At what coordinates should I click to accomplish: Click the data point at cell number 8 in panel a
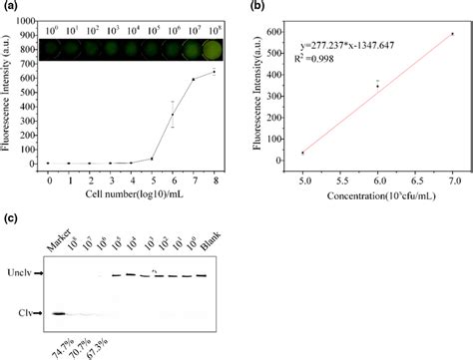click(213, 72)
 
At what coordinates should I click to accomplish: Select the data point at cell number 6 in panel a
click(172, 115)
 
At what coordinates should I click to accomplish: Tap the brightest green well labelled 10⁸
click(213, 47)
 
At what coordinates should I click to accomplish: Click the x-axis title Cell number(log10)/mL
click(130, 195)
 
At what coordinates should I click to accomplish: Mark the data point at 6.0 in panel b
click(377, 86)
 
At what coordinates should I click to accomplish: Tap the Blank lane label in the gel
click(207, 250)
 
